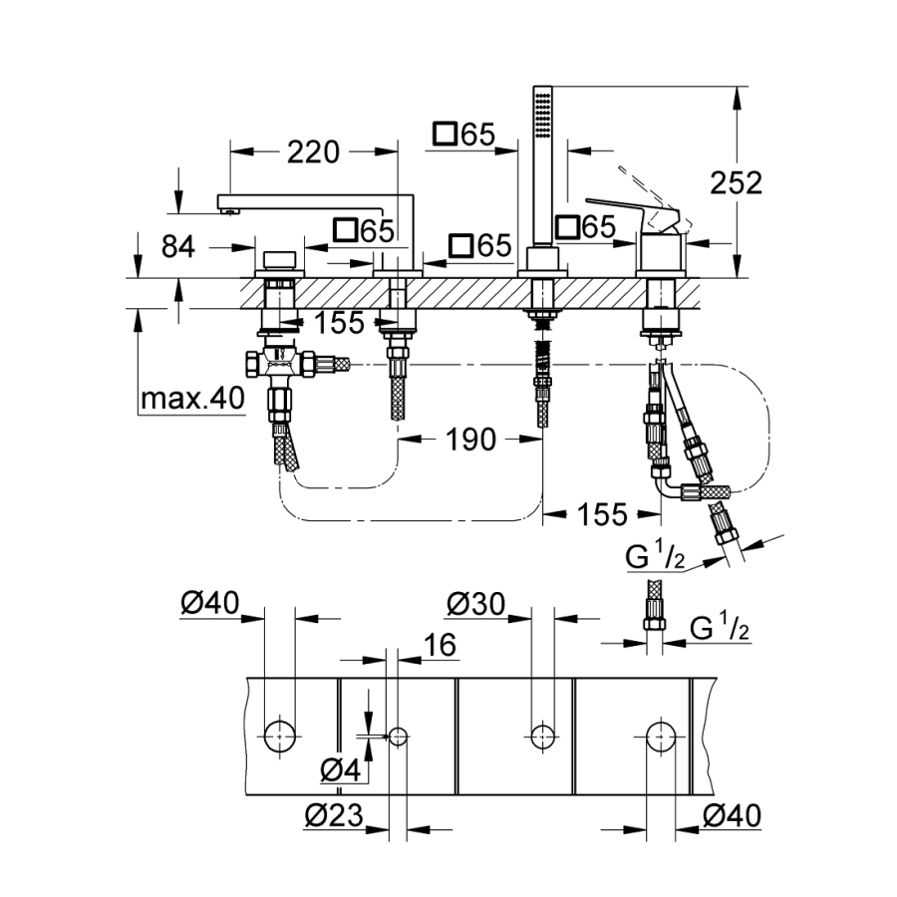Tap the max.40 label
pyautogui.click(x=191, y=400)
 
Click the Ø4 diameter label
pyautogui.click(x=341, y=768)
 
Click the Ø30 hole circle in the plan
pyautogui.click(x=542, y=736)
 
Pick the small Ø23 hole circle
pyautogui.click(x=398, y=737)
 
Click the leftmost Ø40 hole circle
pyautogui.click(x=280, y=737)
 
